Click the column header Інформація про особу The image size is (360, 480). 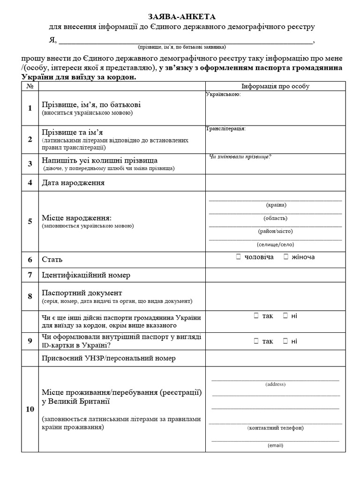click(275, 86)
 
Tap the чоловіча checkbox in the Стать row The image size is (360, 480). click(239, 257)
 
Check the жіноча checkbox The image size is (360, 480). click(285, 257)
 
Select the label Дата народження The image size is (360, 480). click(73, 182)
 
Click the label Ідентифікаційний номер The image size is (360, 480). click(86, 275)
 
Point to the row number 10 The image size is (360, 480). click(30, 409)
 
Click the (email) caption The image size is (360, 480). click(275, 445)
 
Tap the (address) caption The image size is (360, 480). click(275, 384)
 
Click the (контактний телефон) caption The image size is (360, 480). click(275, 427)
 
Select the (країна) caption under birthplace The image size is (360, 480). click(276, 205)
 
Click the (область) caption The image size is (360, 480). click(276, 218)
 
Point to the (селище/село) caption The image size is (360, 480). click(276, 244)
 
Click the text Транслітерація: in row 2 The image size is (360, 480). click(225, 128)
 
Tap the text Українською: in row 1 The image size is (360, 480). click(223, 95)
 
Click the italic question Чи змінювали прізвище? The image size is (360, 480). click(240, 157)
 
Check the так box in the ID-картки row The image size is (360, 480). click(256, 341)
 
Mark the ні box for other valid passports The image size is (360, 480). click(285, 315)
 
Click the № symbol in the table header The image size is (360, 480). click(30, 87)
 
